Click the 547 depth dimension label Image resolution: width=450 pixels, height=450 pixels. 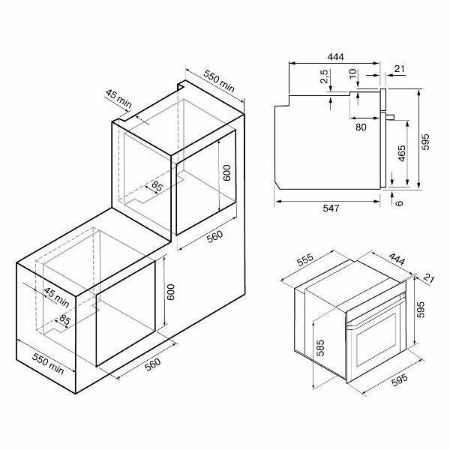click(331, 208)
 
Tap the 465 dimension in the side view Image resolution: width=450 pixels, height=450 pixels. click(402, 153)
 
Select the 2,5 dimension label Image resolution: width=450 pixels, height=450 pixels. click(325, 76)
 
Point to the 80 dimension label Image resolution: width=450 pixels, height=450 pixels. click(361, 127)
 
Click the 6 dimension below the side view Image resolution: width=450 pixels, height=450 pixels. click(399, 203)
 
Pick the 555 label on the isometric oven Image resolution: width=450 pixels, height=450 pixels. click(305, 259)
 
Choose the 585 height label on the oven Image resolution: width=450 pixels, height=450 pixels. click(320, 348)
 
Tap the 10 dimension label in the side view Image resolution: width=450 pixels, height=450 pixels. click(353, 73)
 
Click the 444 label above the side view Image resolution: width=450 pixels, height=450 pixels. click(335, 57)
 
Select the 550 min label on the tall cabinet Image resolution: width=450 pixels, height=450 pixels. click(219, 81)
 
